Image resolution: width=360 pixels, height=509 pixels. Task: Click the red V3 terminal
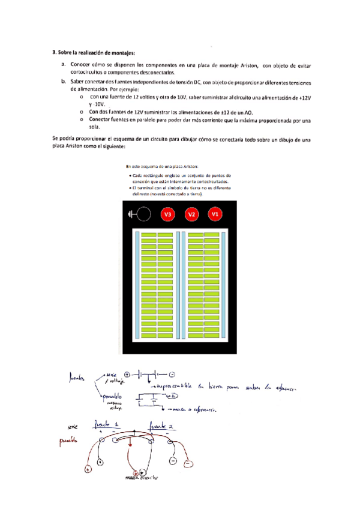point(168,214)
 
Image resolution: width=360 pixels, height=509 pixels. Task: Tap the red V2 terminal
point(191,214)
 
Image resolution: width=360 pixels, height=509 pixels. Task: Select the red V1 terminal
point(214,214)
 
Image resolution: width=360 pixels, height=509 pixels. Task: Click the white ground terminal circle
point(144,214)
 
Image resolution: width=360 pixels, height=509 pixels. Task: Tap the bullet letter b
point(64,82)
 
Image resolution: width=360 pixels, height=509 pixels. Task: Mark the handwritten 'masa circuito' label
point(142,478)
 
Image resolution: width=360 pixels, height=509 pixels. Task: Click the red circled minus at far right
point(188,464)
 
